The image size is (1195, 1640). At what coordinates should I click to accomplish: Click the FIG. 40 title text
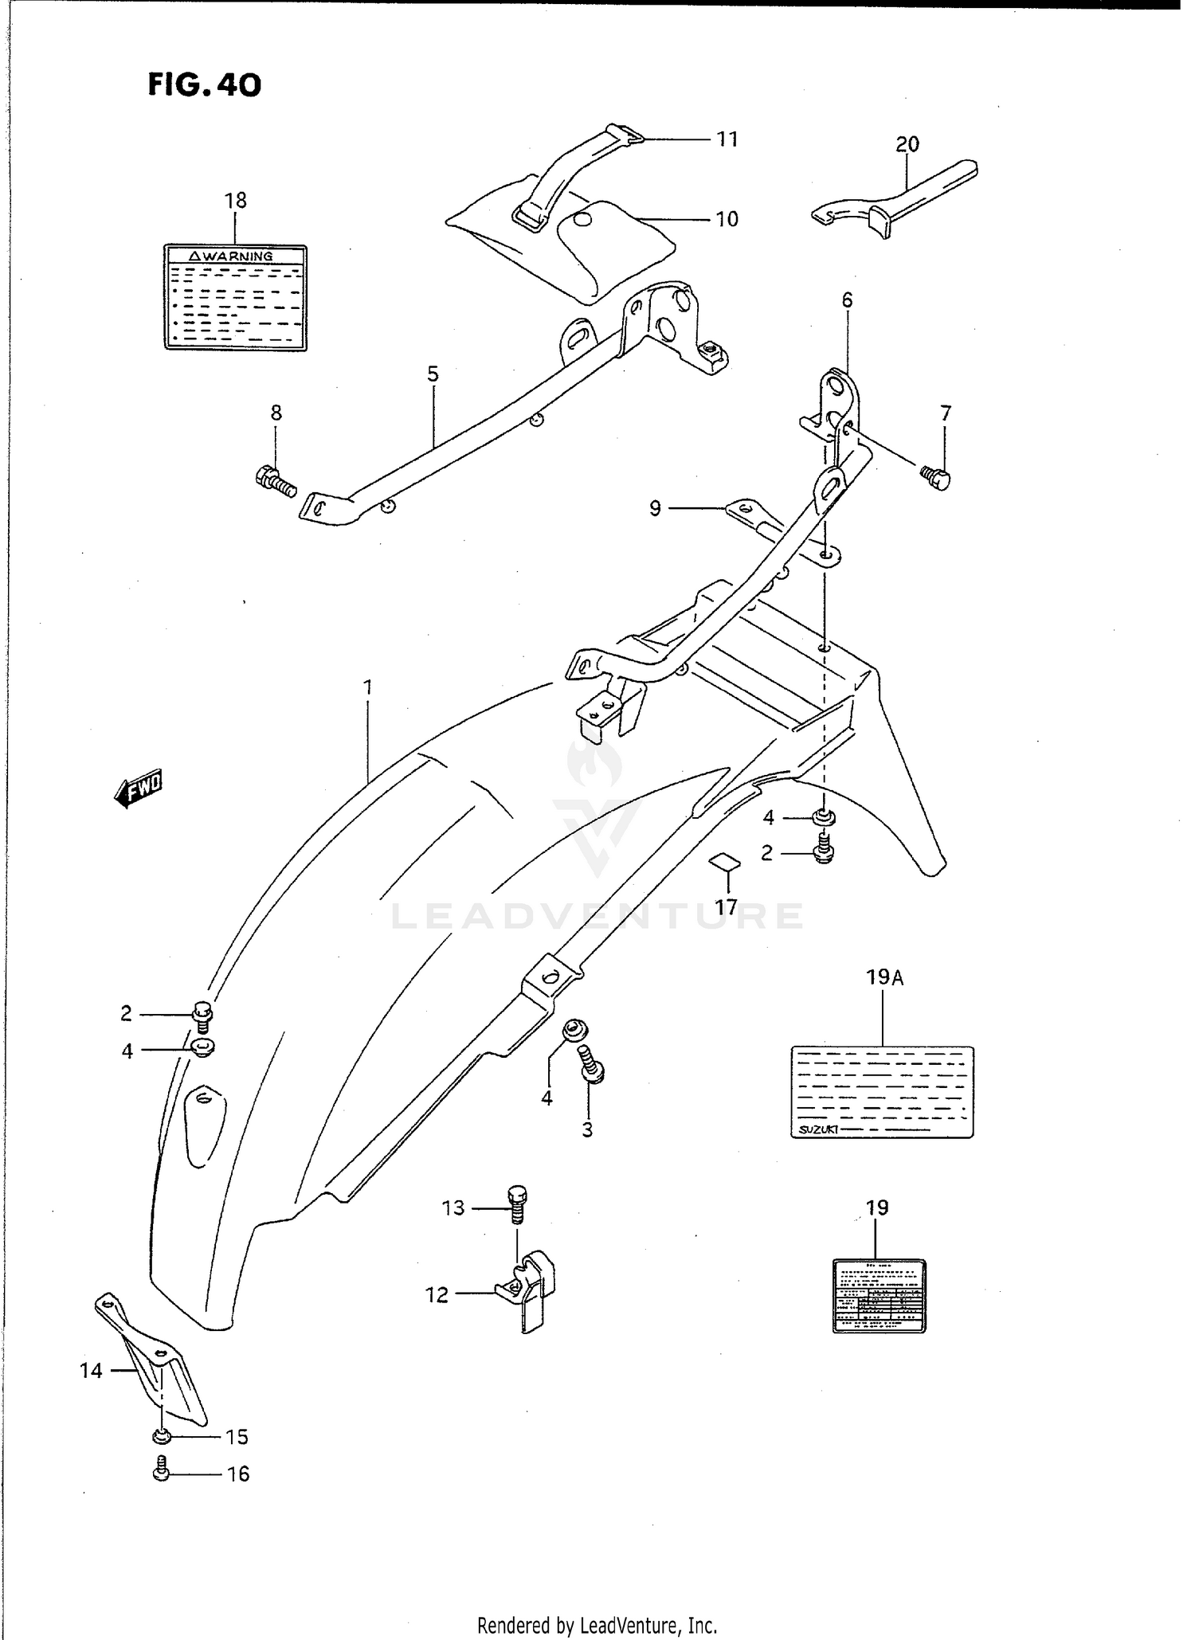204,84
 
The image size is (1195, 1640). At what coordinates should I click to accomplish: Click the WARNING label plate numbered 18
235,297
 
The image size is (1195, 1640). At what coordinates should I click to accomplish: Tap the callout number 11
727,139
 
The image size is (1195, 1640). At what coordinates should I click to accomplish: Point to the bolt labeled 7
937,477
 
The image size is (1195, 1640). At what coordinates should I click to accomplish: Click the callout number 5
433,374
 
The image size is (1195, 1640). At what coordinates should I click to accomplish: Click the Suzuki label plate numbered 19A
882,1091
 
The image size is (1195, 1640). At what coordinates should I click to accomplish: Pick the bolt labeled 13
517,1204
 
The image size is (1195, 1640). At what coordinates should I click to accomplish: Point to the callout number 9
655,508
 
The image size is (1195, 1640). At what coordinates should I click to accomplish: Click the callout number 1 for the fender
368,687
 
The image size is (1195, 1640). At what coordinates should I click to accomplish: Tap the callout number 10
727,219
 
